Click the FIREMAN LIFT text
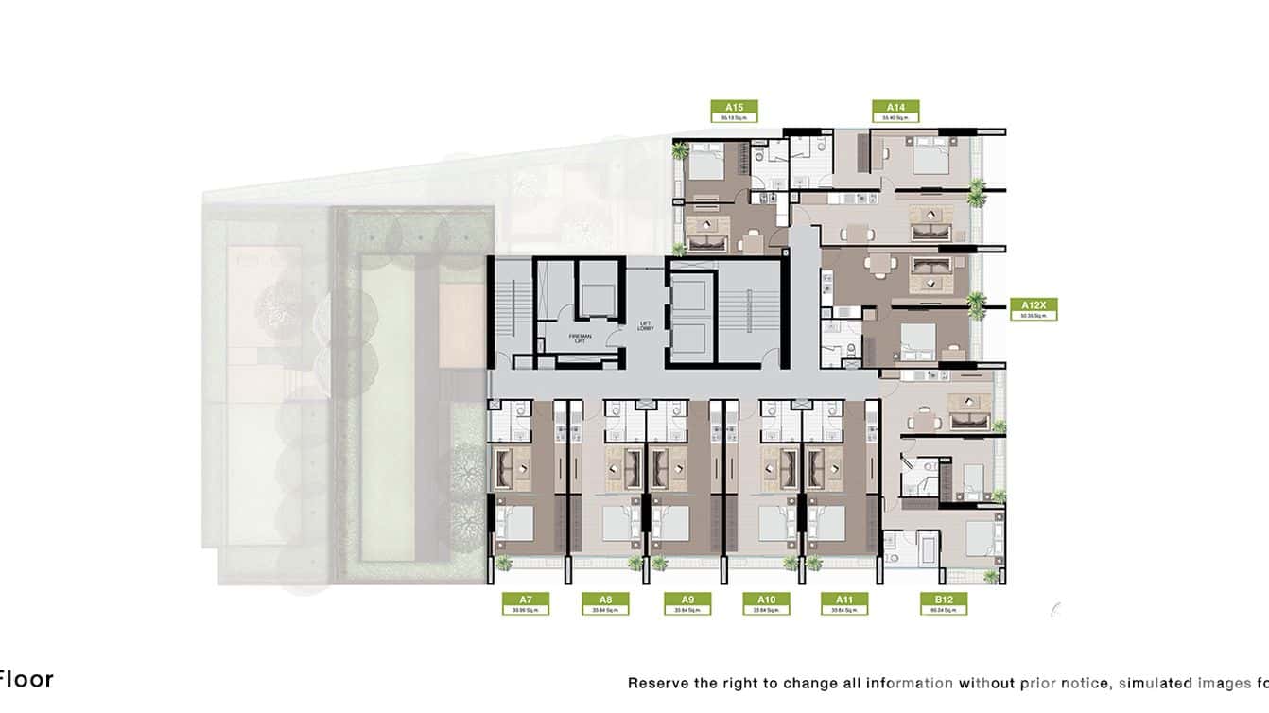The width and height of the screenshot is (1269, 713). click(580, 339)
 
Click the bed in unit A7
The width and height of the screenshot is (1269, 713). click(515, 523)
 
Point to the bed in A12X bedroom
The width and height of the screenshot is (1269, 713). click(915, 339)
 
